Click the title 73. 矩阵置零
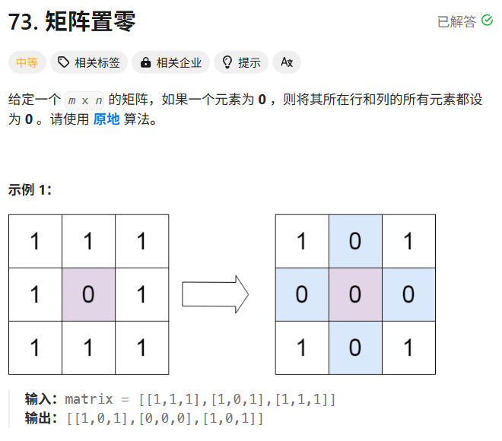click(72, 22)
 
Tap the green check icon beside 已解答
click(488, 21)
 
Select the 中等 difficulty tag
click(27, 62)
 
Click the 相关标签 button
click(89, 62)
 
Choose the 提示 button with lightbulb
click(241, 62)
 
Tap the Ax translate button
click(287, 62)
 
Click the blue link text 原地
click(106, 119)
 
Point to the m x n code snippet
click(84, 100)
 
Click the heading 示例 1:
click(30, 189)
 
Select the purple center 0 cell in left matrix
click(88, 294)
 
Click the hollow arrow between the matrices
click(215, 293)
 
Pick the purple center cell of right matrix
click(355, 294)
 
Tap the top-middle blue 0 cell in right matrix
click(355, 241)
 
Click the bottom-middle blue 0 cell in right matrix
click(355, 347)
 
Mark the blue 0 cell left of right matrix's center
click(302, 294)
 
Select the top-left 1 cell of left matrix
click(35, 241)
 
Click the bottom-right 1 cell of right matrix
click(408, 347)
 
